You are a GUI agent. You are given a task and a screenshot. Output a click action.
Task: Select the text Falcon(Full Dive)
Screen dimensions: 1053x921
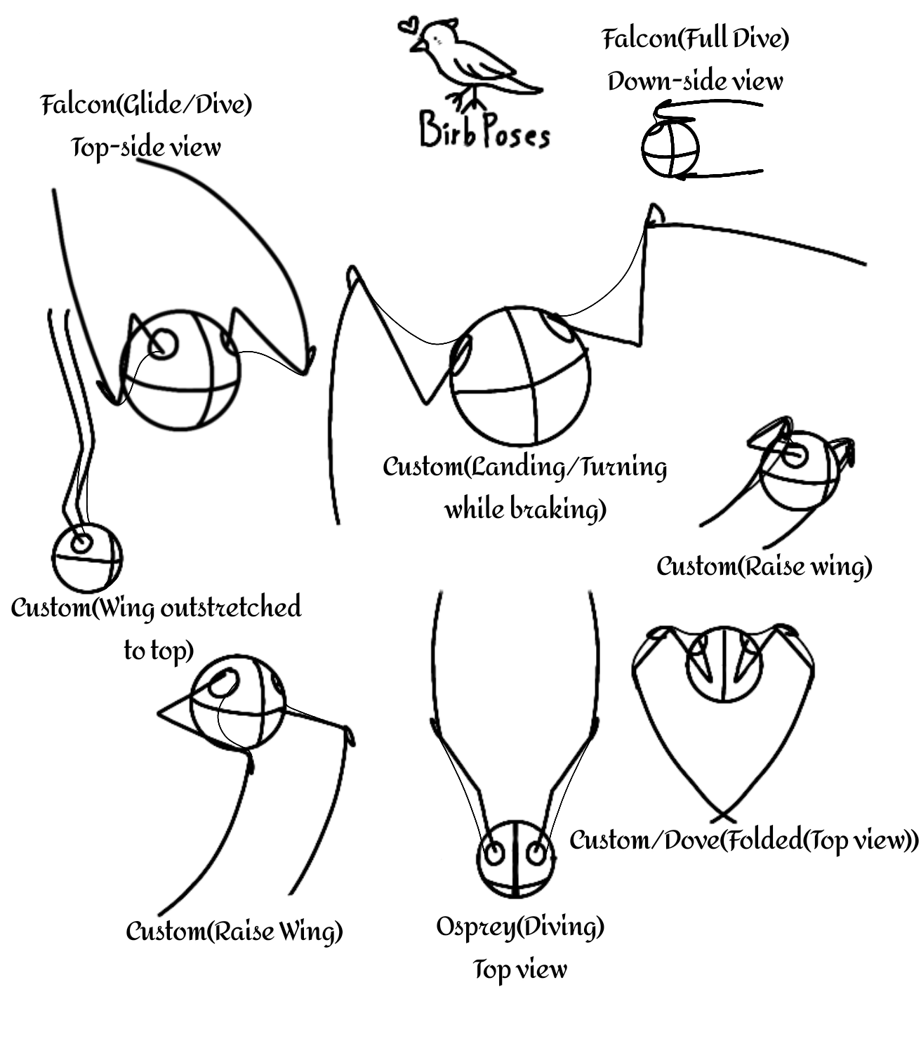coord(696,38)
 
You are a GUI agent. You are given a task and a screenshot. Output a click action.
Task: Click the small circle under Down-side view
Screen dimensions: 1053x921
coord(670,149)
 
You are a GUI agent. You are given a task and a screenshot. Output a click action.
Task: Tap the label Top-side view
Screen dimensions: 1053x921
coord(146,147)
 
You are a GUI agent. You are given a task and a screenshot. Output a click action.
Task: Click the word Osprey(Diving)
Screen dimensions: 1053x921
coord(520,927)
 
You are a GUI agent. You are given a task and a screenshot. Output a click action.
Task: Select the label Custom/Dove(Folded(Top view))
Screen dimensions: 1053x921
coord(743,840)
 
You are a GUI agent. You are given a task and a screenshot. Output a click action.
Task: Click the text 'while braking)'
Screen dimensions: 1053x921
coord(525,509)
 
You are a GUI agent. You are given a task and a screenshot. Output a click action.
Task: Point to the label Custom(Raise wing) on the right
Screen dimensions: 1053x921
coord(764,566)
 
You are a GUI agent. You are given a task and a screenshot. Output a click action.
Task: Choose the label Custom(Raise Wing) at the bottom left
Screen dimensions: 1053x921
coord(234,932)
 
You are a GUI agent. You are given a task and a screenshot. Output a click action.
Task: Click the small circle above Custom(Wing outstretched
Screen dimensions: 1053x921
coord(87,558)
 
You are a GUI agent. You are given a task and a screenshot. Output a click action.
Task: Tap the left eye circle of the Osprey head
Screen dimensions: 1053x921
coord(494,854)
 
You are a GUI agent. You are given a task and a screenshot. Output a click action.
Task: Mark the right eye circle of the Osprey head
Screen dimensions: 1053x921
coord(537,854)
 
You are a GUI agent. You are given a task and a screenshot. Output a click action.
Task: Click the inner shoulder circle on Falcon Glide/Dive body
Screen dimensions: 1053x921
coord(164,344)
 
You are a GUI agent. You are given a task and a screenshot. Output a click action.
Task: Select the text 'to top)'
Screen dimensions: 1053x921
coord(158,650)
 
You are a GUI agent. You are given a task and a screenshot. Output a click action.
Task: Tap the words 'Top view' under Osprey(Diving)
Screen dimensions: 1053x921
coord(520,969)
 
